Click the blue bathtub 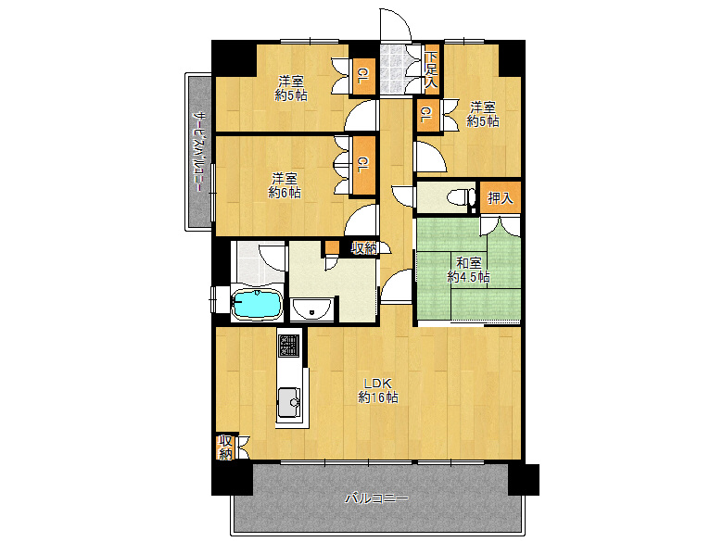[257, 304]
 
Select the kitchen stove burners [289, 346]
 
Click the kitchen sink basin [289, 402]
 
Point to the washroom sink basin [311, 309]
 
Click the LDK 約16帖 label [378, 390]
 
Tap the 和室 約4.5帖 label [468, 271]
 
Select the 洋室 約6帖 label [285, 184]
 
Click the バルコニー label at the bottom [377, 498]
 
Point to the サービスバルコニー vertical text [198, 151]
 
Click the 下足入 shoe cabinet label [431, 69]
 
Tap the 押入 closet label [501, 198]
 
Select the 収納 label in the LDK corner [225, 447]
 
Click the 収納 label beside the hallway [364, 248]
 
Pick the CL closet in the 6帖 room [363, 166]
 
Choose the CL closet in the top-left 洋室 [362, 77]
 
